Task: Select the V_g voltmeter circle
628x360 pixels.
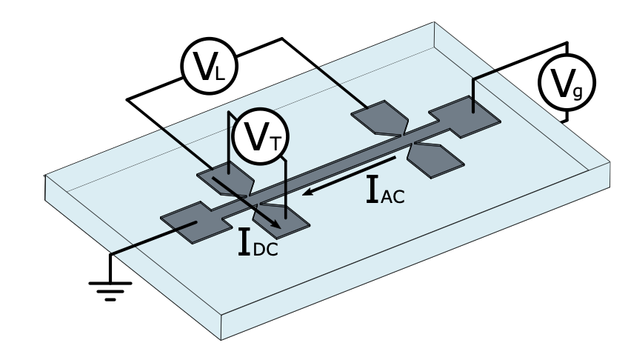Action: [565, 84]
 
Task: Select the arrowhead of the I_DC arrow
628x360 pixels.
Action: [277, 224]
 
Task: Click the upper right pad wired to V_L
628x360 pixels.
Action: [379, 118]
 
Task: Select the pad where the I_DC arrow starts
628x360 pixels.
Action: [223, 178]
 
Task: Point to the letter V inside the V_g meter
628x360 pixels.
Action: [560, 83]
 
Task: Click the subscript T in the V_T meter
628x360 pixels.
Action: [275, 144]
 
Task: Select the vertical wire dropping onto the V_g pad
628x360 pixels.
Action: [472, 93]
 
